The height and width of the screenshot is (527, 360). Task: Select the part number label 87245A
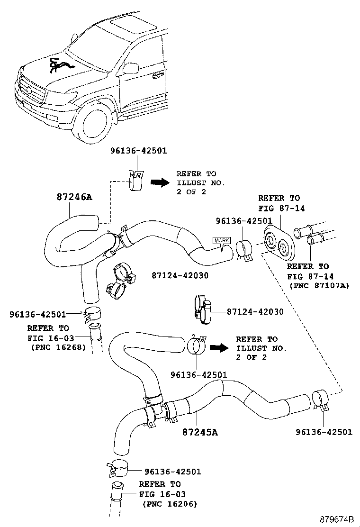pyautogui.click(x=200, y=432)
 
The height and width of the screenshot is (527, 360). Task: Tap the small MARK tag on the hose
pyautogui.click(x=221, y=241)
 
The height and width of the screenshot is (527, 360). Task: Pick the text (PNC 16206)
pyautogui.click(x=170, y=504)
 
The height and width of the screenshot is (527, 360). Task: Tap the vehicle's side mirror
pyautogui.click(x=131, y=68)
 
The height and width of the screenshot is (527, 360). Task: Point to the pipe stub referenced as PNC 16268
pyautogui.click(x=97, y=336)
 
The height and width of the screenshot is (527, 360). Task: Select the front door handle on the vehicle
pyautogui.click(x=156, y=75)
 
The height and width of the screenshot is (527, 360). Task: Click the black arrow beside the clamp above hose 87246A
pyautogui.click(x=160, y=182)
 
